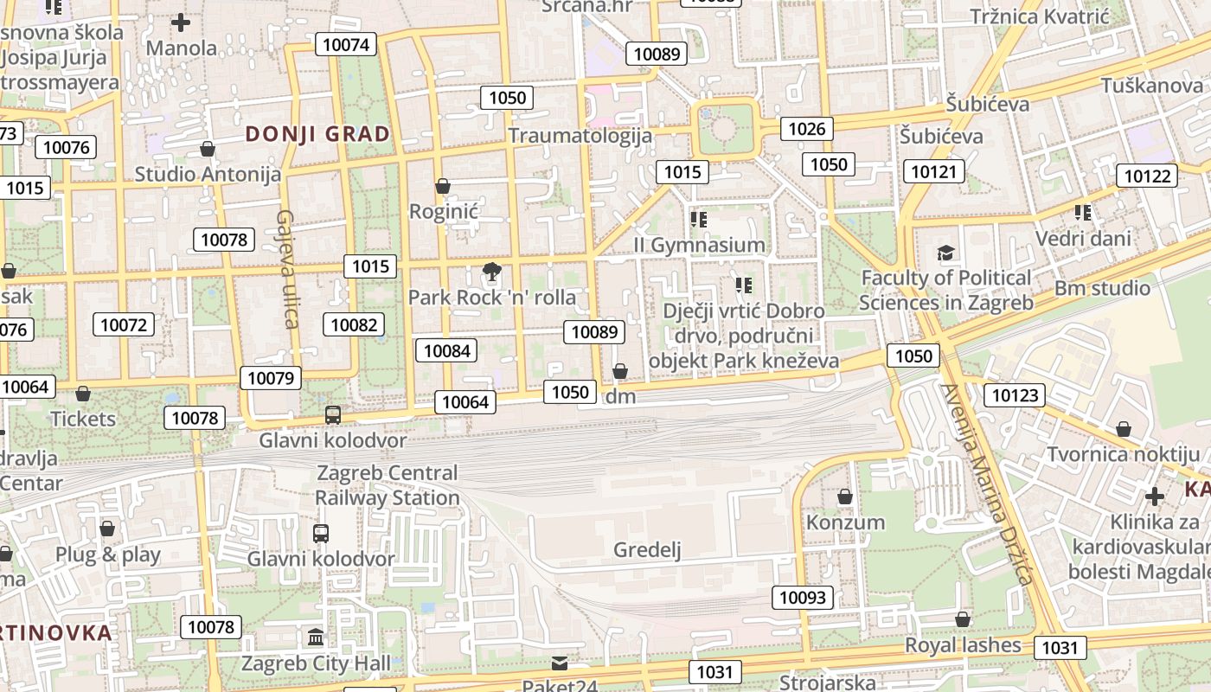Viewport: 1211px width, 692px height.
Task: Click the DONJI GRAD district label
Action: coord(317,134)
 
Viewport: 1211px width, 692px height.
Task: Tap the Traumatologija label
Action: coord(580,136)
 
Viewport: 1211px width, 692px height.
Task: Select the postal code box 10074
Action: coord(346,44)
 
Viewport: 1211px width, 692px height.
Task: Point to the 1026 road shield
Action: coord(807,129)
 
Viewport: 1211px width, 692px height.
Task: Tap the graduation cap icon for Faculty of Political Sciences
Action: coord(946,253)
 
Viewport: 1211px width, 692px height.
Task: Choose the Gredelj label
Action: coord(648,549)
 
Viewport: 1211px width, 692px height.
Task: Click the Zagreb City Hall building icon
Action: coord(316,638)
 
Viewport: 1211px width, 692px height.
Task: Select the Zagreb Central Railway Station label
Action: coord(387,485)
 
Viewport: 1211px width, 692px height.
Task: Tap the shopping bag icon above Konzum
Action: coord(845,497)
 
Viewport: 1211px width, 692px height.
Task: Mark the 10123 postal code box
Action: coord(1014,395)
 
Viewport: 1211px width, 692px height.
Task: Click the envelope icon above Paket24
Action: coord(560,663)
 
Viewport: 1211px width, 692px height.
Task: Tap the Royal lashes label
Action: coord(963,645)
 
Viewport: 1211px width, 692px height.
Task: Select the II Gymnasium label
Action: coord(699,245)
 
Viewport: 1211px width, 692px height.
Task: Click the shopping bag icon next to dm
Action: coord(619,372)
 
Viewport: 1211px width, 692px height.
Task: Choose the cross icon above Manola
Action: coord(181,22)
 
